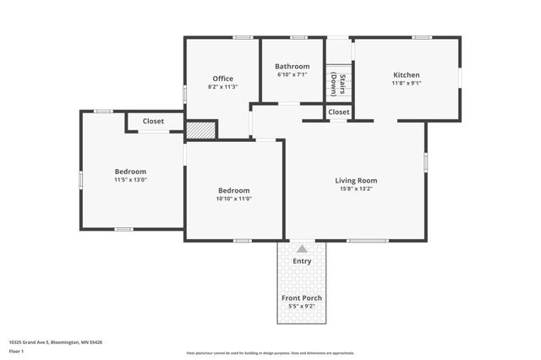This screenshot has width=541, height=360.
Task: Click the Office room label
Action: pyautogui.click(x=222, y=79)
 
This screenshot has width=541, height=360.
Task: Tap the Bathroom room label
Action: pyautogui.click(x=292, y=66)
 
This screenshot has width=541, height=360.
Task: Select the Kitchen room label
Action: pyautogui.click(x=406, y=74)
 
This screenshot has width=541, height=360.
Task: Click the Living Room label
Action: pyautogui.click(x=356, y=180)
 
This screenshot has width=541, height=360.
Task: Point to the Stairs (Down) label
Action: pyautogui.click(x=338, y=84)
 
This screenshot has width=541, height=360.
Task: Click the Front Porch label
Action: pyautogui.click(x=302, y=297)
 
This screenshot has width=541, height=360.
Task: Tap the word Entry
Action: pyautogui.click(x=302, y=261)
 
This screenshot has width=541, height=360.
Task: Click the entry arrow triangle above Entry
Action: pyautogui.click(x=302, y=248)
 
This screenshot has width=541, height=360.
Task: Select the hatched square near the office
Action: pyautogui.click(x=201, y=130)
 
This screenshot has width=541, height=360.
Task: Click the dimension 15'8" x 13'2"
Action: pyautogui.click(x=356, y=189)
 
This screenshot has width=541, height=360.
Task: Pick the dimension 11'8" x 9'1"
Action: pyautogui.click(x=406, y=83)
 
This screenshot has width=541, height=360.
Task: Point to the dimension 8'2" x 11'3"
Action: pyautogui.click(x=222, y=87)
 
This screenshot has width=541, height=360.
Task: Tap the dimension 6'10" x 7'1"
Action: pyautogui.click(x=292, y=74)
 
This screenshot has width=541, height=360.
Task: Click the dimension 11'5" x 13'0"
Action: pyautogui.click(x=131, y=180)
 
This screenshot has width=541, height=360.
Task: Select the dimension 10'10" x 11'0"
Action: pyautogui.click(x=233, y=200)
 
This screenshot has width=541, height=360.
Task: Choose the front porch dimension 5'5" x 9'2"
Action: pyautogui.click(x=302, y=307)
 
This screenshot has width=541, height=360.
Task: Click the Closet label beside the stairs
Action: pyautogui.click(x=339, y=112)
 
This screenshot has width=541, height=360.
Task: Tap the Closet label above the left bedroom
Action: pyautogui.click(x=153, y=121)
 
